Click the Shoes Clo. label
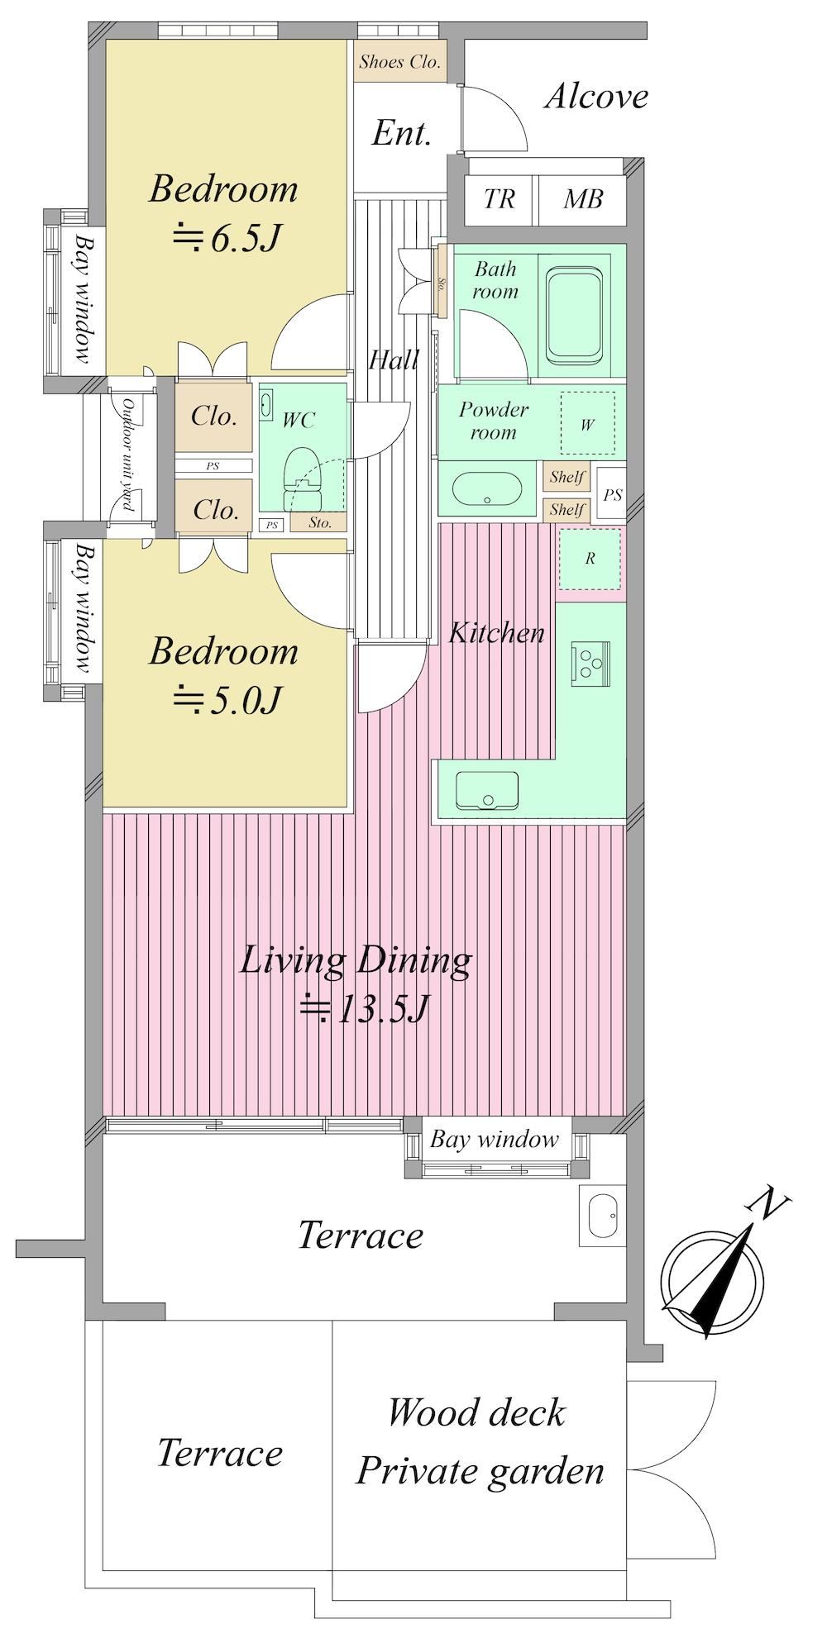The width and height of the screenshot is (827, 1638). (400, 62)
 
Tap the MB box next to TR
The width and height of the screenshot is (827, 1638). (583, 199)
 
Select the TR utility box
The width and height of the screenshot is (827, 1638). (500, 199)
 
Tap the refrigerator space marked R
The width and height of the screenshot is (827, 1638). (590, 559)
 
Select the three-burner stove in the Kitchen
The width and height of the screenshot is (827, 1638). (590, 663)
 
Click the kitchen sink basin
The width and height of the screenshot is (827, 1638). (486, 790)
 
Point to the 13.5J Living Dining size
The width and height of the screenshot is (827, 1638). (364, 1008)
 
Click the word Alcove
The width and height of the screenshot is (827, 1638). (596, 97)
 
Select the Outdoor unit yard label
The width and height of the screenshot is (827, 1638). (128, 455)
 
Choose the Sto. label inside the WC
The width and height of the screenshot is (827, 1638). (320, 522)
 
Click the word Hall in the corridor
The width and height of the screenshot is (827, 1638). (394, 360)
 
